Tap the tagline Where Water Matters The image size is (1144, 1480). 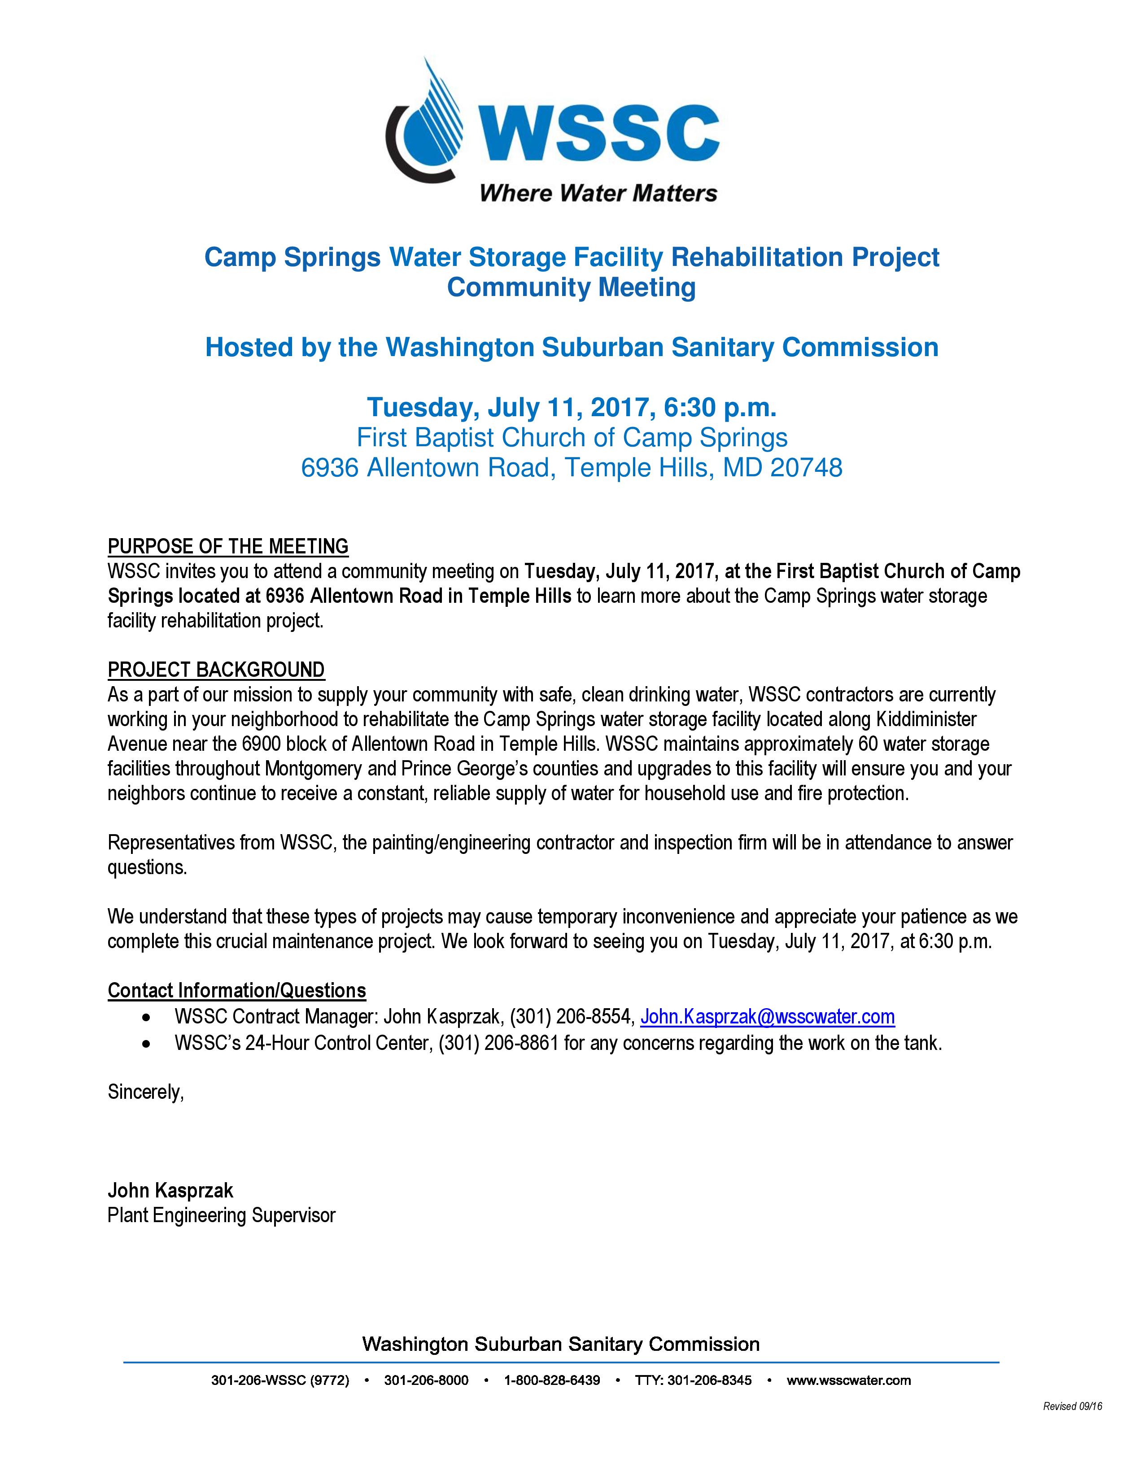[x=598, y=193]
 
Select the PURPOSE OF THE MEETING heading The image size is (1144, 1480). [x=228, y=546]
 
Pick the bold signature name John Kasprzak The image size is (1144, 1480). [x=170, y=1191]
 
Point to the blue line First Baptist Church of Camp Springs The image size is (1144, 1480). [x=572, y=438]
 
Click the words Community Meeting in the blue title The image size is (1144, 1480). [x=571, y=287]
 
